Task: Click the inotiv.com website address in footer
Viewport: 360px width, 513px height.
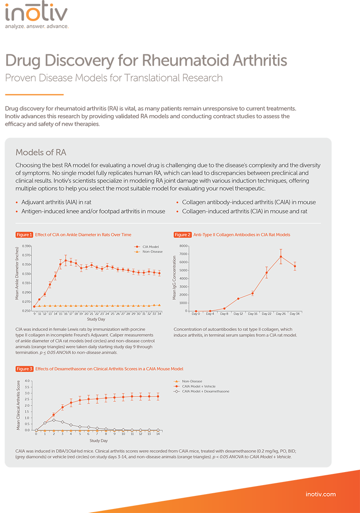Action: click(x=320, y=494)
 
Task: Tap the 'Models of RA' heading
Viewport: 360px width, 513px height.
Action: click(x=41, y=152)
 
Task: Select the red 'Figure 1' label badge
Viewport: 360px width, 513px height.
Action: click(x=24, y=235)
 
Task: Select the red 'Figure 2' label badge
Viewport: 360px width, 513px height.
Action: click(x=183, y=235)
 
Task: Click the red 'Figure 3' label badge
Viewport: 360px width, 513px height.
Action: click(x=24, y=369)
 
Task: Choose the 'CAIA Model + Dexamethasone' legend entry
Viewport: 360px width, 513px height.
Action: click(x=205, y=391)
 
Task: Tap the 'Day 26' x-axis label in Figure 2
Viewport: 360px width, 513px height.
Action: click(x=281, y=313)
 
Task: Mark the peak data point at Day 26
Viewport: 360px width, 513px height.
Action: click(x=281, y=257)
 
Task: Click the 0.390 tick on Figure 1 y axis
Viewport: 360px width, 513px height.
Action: click(x=26, y=246)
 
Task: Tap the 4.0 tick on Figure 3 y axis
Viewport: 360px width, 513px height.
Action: click(x=27, y=381)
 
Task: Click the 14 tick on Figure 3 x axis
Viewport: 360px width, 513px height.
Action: click(x=157, y=434)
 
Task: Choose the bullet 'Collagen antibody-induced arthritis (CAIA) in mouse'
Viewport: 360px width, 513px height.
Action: click(x=248, y=202)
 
